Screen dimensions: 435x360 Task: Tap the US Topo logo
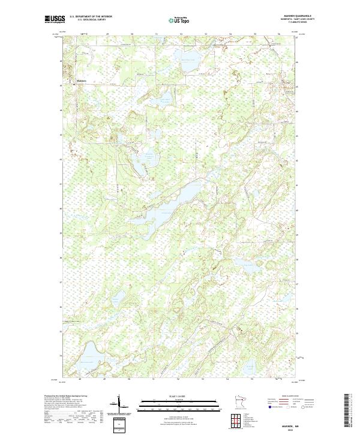(x=179, y=19)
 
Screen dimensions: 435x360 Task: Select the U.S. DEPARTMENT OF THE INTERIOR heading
(x=91, y=17)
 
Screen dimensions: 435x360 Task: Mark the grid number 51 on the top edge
(x=156, y=34)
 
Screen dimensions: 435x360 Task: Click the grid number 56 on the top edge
(x=279, y=34)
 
